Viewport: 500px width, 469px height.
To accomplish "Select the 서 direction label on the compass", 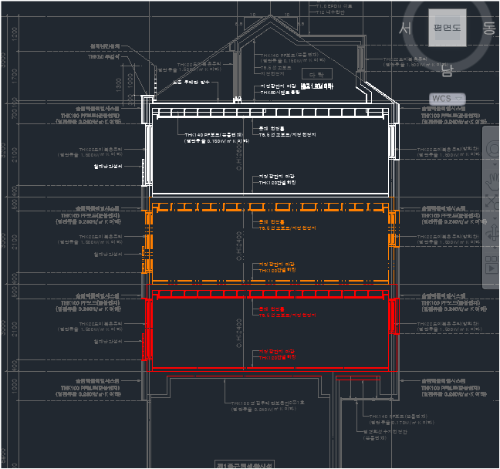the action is [404, 29].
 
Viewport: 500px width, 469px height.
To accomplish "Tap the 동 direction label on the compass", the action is [488, 29].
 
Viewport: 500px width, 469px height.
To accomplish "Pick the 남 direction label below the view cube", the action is [447, 72].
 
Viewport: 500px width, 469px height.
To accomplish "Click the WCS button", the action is [441, 99].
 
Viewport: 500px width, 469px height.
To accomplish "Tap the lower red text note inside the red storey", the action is [278, 355].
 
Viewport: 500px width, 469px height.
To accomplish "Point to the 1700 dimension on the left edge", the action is [14, 75].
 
